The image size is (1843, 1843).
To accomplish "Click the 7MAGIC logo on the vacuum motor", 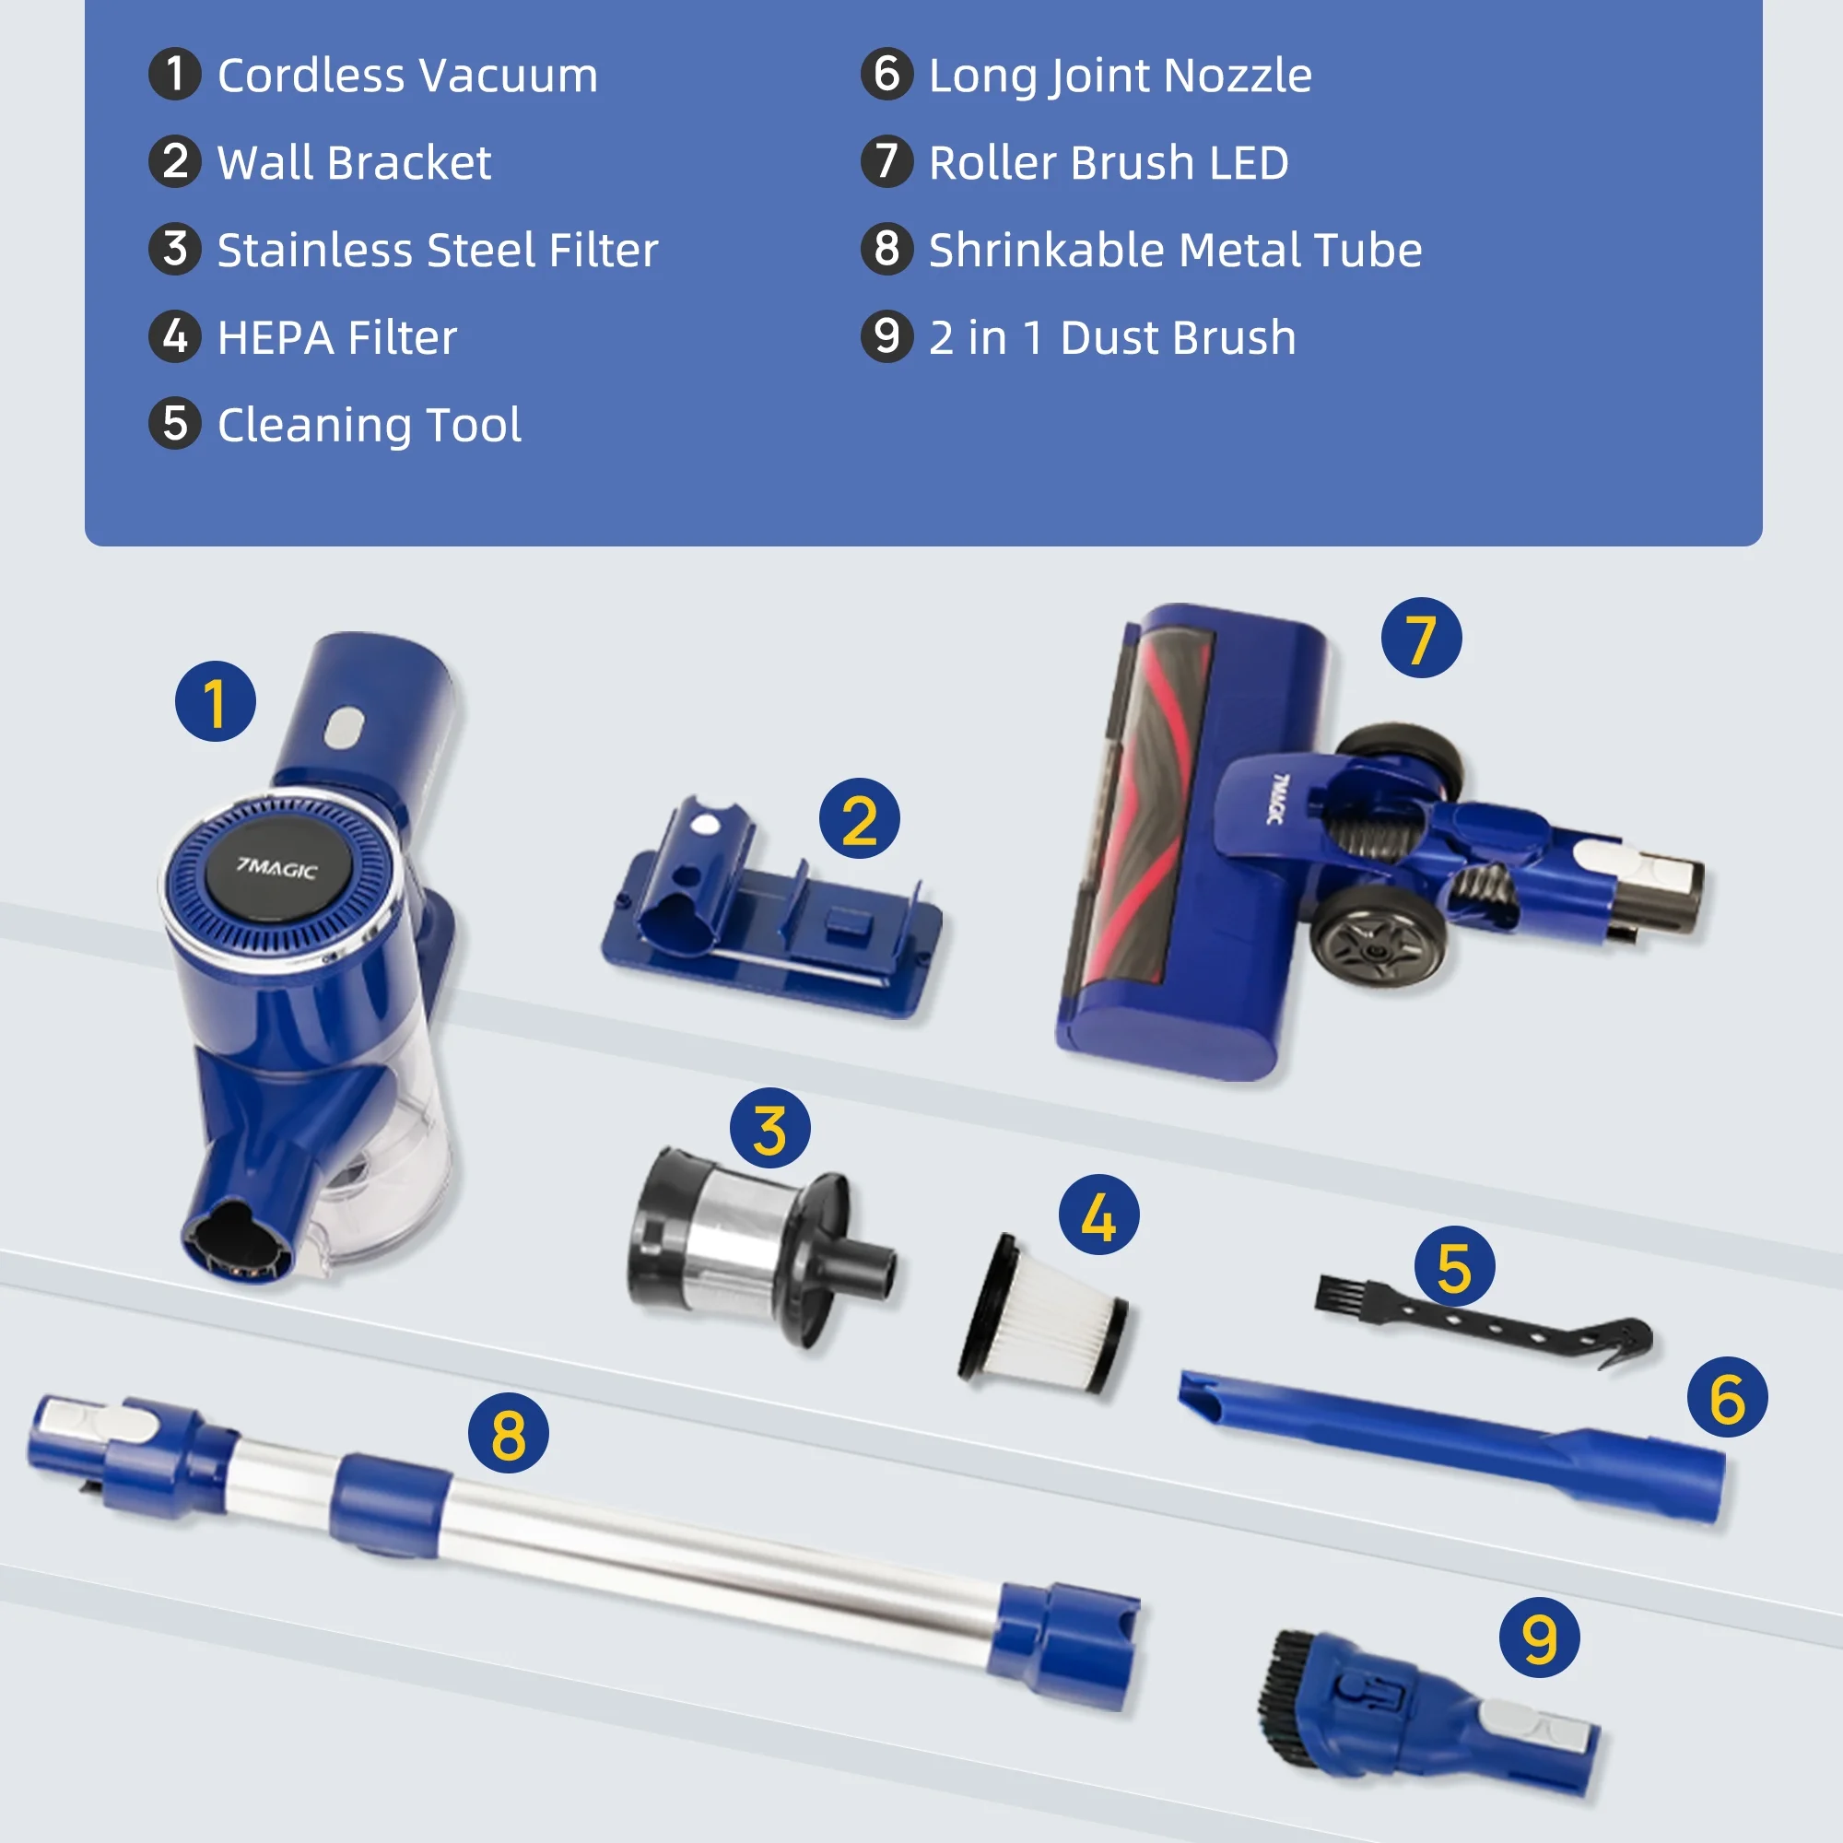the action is click(276, 867).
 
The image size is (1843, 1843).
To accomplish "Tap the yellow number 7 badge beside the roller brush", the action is click(1421, 639).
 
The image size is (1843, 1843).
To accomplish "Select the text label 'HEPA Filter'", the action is click(336, 337).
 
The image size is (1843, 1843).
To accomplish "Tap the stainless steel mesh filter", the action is click(758, 1244).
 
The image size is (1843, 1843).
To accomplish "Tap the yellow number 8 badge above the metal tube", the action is click(508, 1433).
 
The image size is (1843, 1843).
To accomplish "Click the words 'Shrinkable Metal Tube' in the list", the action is click(1175, 250).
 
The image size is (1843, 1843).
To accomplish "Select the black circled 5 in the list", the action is click(174, 424).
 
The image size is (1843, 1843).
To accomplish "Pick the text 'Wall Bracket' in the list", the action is click(354, 162).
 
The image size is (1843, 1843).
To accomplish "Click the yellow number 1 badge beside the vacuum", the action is click(216, 702).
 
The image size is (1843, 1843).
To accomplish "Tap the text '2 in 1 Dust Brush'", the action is click(1112, 337).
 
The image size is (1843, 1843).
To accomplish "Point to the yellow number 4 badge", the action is click(1099, 1215).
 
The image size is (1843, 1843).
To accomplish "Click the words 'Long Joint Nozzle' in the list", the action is click(1120, 76).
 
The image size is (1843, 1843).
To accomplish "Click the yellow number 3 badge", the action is click(769, 1129).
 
